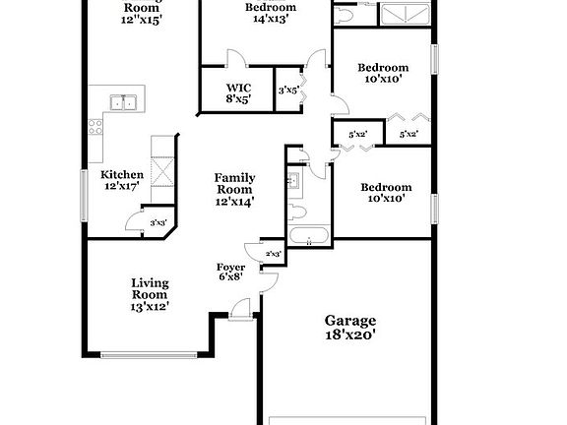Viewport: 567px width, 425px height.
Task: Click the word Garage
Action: click(x=350, y=321)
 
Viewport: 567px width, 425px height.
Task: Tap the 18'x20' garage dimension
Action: click(x=350, y=335)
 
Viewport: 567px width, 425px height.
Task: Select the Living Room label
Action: click(x=150, y=289)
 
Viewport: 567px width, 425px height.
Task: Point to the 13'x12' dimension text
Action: click(x=150, y=307)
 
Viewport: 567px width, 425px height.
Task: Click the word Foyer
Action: click(x=231, y=267)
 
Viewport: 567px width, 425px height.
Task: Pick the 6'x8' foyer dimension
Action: click(x=230, y=277)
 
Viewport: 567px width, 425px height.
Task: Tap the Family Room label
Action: click(x=235, y=184)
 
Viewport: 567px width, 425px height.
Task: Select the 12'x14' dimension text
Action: click(x=235, y=202)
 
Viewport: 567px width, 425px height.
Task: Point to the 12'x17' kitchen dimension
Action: click(x=123, y=186)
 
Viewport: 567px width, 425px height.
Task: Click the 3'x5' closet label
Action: click(x=287, y=91)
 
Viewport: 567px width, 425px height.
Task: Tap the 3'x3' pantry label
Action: click(x=157, y=223)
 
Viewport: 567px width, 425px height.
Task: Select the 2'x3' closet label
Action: click(x=273, y=255)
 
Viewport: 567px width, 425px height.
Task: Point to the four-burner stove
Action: click(x=95, y=126)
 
